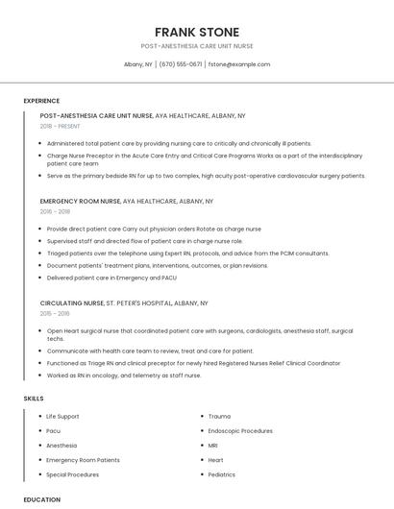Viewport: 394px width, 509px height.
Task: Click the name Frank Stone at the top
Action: coord(197,32)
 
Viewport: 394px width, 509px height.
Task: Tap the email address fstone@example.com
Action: coord(239,64)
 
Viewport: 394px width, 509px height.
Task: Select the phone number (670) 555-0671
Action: coord(181,64)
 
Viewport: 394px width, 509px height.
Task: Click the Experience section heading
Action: coord(41,101)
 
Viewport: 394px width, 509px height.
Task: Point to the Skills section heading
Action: coord(34,398)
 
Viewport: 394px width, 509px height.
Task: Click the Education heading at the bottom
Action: coord(41,499)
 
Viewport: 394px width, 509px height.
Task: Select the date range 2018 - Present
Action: coord(61,126)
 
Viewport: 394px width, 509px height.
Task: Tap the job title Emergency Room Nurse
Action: coord(81,202)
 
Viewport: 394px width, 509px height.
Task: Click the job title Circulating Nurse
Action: coord(72,303)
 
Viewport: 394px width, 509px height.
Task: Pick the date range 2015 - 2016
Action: coord(55,313)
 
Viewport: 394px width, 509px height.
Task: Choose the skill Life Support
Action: coord(62,416)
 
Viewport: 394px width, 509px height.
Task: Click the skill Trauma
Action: coord(219,416)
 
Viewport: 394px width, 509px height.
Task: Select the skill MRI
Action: coord(213,446)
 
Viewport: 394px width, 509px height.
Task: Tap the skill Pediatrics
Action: coord(221,474)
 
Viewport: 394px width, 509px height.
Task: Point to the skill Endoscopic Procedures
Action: coord(240,431)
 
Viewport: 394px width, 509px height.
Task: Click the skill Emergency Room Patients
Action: coord(83,460)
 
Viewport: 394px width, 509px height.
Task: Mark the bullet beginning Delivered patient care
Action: coord(111,278)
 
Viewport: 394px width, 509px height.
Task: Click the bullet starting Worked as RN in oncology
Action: coord(124,376)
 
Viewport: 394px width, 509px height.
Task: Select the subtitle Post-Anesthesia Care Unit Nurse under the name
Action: coord(197,46)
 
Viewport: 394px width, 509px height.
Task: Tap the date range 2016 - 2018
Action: coord(55,212)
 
